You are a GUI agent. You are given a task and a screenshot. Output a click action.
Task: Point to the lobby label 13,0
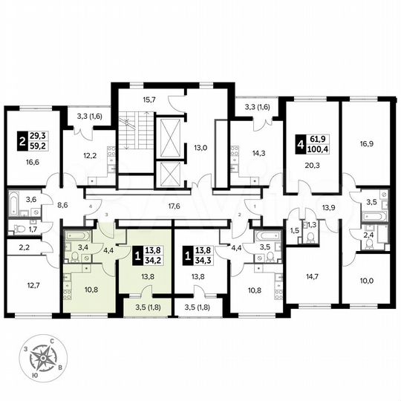tap(201, 147)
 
